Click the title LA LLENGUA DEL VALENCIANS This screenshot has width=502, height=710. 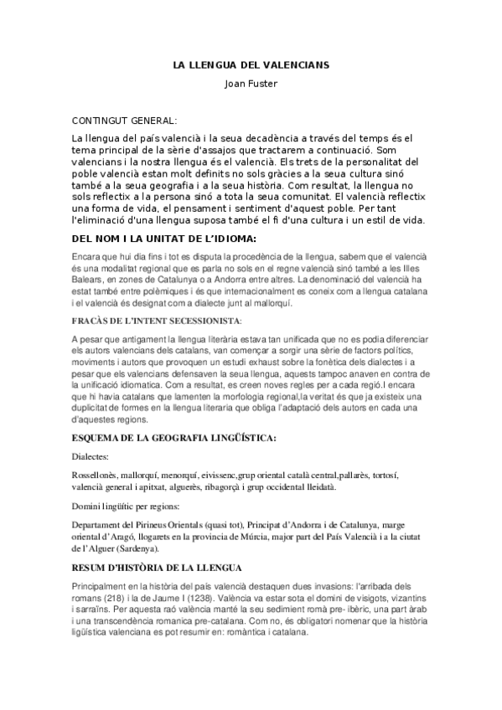[251, 64]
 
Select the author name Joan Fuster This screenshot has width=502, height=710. [251, 83]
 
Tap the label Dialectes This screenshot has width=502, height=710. [93, 457]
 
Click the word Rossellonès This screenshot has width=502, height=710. [97, 475]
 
